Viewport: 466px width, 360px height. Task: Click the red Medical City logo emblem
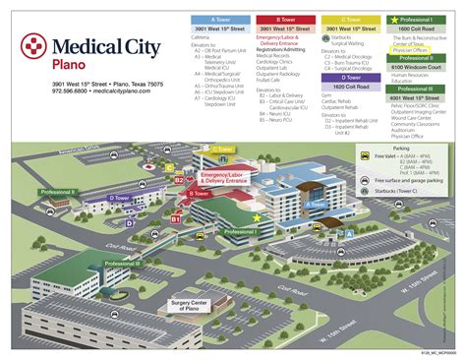[x=36, y=46]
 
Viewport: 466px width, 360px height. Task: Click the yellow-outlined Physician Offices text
[x=410, y=50]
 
